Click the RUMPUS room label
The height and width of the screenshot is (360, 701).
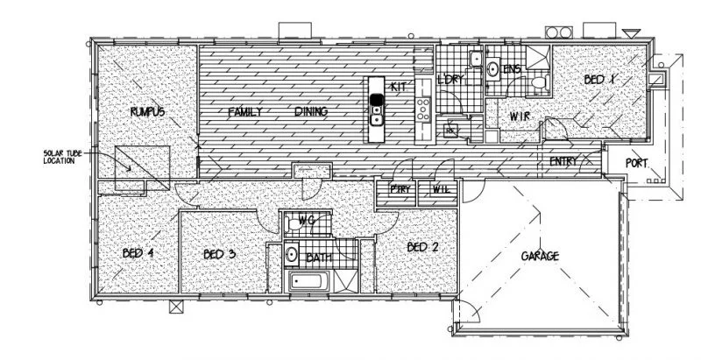pyautogui.click(x=148, y=111)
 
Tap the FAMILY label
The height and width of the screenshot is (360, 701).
pyautogui.click(x=246, y=112)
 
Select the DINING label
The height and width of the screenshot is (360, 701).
pyautogui.click(x=310, y=112)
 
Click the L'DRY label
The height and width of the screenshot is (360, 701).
pyautogui.click(x=450, y=80)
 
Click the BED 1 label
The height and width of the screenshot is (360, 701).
pyautogui.click(x=601, y=80)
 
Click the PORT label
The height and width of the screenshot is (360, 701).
pyautogui.click(x=637, y=163)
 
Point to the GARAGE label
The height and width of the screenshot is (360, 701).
pyautogui.click(x=541, y=256)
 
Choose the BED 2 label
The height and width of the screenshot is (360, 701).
pyautogui.click(x=422, y=248)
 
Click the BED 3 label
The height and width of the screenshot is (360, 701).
pyautogui.click(x=219, y=255)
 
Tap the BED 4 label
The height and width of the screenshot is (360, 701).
pyautogui.click(x=138, y=254)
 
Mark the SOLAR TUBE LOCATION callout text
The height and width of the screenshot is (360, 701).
pyautogui.click(x=63, y=158)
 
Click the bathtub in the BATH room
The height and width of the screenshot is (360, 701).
pyautogui.click(x=310, y=283)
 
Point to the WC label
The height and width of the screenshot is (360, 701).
pyautogui.click(x=307, y=219)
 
